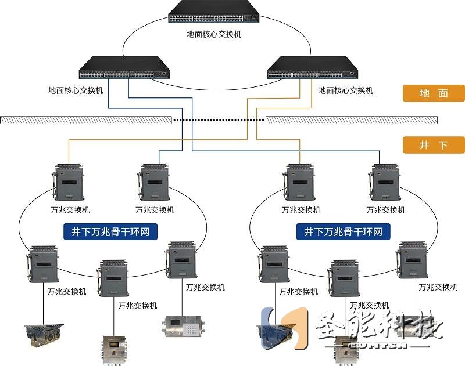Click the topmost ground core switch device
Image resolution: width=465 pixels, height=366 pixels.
(x=213, y=13)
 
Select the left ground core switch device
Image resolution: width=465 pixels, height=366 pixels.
(x=124, y=68)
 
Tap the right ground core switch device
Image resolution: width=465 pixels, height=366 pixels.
(x=312, y=68)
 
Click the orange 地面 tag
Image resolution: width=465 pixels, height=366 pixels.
(x=434, y=93)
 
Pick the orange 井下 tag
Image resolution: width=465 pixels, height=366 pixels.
(x=434, y=144)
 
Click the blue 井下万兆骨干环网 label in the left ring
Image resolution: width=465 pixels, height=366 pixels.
(x=110, y=232)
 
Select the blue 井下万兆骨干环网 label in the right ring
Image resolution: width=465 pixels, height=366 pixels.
(x=344, y=232)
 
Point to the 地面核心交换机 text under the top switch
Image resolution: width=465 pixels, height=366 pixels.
(x=213, y=34)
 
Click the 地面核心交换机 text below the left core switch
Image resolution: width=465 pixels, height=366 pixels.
(x=76, y=90)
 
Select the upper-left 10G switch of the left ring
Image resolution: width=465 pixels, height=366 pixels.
(x=69, y=181)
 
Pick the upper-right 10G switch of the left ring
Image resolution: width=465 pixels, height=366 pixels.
(x=154, y=181)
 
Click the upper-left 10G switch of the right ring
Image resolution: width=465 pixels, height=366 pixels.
(x=301, y=181)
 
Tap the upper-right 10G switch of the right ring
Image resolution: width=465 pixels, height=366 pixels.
(x=386, y=181)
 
